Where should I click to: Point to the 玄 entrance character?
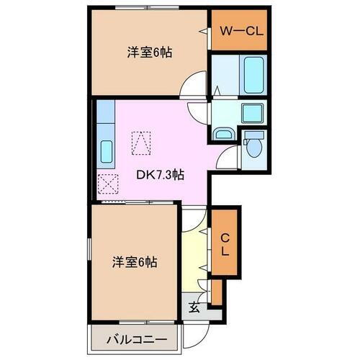click(x=194, y=307)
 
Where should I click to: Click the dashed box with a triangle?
click(x=140, y=143)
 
